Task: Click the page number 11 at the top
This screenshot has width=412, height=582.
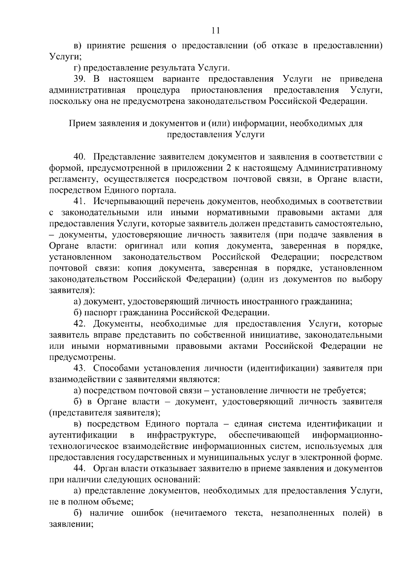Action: coord(216,31)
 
